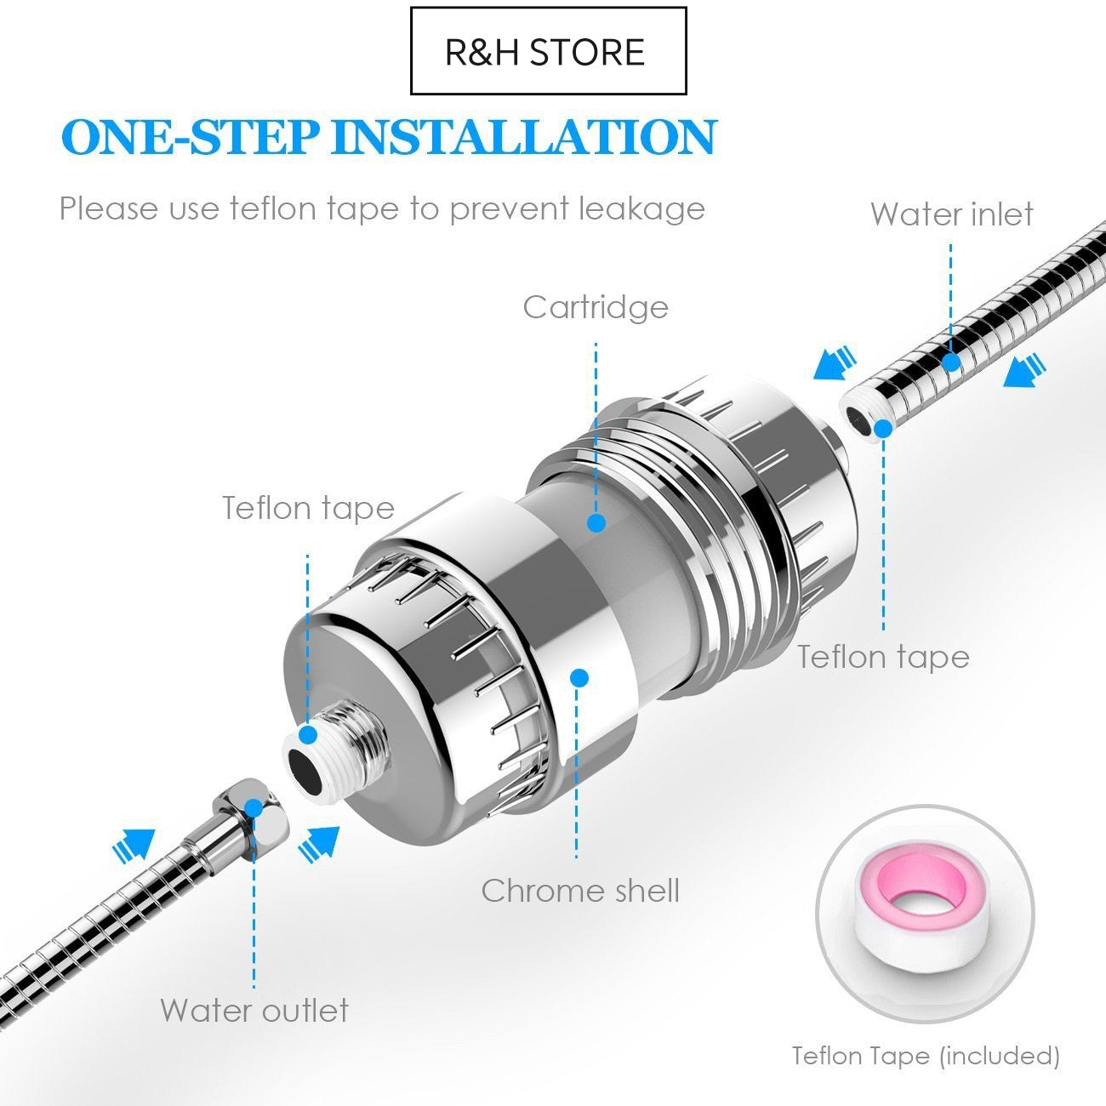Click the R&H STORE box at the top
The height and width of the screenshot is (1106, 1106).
(x=548, y=51)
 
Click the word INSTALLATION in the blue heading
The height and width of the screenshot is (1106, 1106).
(x=523, y=137)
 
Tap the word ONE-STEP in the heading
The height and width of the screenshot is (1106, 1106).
(x=191, y=137)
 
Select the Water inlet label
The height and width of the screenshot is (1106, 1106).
(x=951, y=214)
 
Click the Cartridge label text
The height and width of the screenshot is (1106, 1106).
(x=596, y=307)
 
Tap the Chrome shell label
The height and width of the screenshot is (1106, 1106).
(x=580, y=891)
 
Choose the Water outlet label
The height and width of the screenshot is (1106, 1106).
(x=254, y=1011)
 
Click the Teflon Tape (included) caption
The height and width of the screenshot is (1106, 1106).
(x=926, y=1056)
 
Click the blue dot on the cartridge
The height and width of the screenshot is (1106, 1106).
(x=596, y=522)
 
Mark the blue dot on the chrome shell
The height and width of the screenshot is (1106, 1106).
(x=579, y=678)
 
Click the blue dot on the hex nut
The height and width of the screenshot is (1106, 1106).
(x=254, y=808)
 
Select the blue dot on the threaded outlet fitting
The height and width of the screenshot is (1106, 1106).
(x=308, y=733)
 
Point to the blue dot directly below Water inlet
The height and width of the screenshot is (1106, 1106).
(x=951, y=362)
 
